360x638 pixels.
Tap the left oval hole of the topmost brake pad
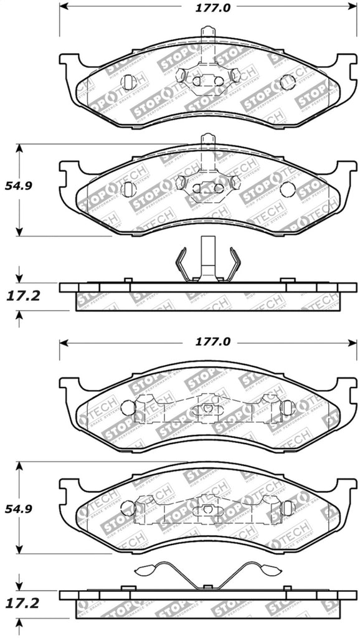pyautogui.click(x=129, y=82)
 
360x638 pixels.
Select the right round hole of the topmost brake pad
pyautogui.click(x=287, y=82)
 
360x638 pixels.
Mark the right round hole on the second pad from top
pyautogui.click(x=287, y=190)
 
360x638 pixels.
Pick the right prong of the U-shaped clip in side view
pyautogui.click(x=235, y=262)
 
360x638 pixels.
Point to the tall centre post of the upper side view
pyautogui.click(x=207, y=257)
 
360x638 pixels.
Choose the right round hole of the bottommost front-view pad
pyautogui.click(x=287, y=509)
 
